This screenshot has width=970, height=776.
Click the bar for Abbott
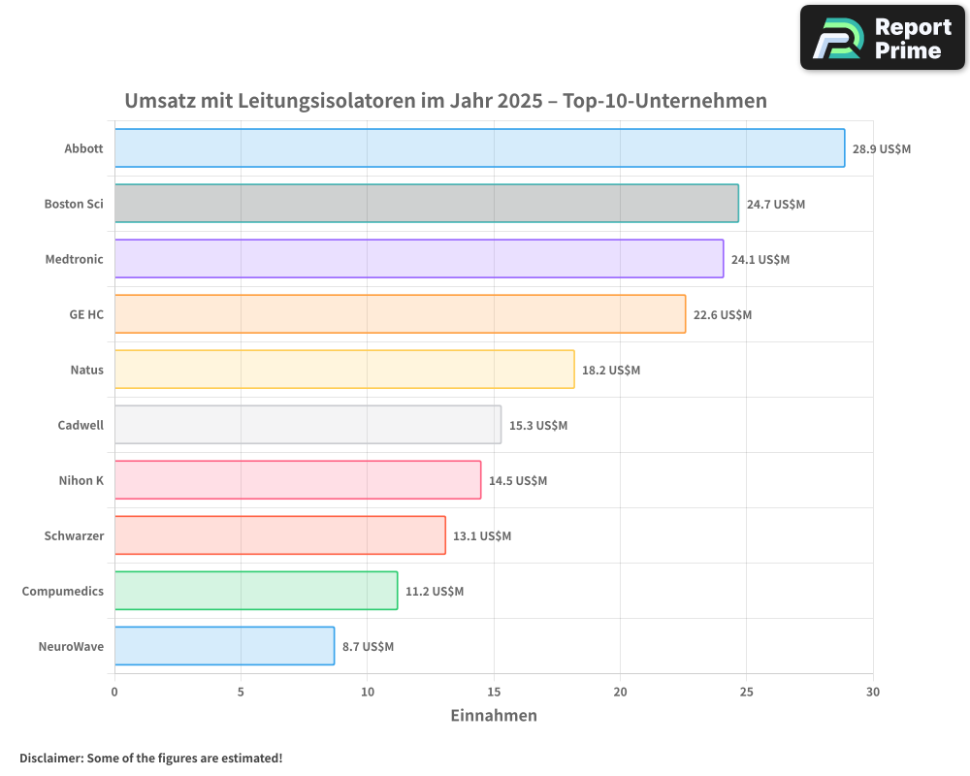(x=479, y=148)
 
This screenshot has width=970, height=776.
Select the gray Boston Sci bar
(x=426, y=204)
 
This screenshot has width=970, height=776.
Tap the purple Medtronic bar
(x=418, y=259)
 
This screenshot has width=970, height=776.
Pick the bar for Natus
(x=344, y=370)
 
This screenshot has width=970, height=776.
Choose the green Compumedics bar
(x=256, y=591)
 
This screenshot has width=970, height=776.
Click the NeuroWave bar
(x=224, y=646)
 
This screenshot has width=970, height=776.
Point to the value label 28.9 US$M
(x=882, y=149)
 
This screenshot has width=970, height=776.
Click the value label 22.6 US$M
(x=723, y=315)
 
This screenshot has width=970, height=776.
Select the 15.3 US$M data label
(x=538, y=426)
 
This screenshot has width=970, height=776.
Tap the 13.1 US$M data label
(x=482, y=536)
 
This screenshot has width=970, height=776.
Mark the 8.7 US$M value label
(x=368, y=647)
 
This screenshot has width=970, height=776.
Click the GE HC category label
(x=86, y=315)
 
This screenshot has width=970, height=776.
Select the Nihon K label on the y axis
(x=81, y=480)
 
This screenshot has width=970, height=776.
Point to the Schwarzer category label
(x=74, y=535)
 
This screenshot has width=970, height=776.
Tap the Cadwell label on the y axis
(x=81, y=425)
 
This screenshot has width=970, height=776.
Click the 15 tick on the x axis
(x=494, y=692)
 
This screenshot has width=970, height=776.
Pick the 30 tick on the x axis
(x=873, y=692)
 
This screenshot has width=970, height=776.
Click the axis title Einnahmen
(x=494, y=716)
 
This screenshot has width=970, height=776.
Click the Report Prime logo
(x=883, y=38)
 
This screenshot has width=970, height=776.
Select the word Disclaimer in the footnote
(x=49, y=758)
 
